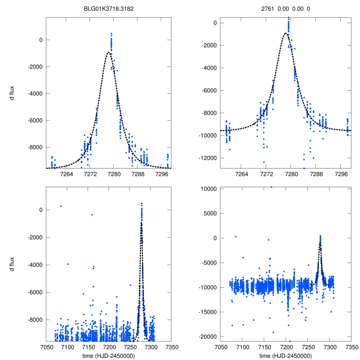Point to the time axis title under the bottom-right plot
pyautogui.click(x=286, y=355)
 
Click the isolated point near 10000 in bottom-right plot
pyautogui.click(x=271, y=187)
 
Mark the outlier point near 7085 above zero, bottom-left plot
pyautogui.click(x=61, y=206)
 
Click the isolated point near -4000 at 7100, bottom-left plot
pyautogui.click(x=68, y=264)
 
